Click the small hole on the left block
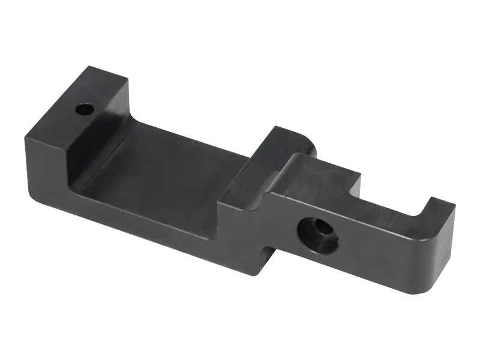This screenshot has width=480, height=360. coord(85,110)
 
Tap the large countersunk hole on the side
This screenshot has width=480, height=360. coord(317,235)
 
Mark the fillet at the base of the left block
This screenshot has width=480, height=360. coord(84,180)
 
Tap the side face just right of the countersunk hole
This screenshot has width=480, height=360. coord(378,252)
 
